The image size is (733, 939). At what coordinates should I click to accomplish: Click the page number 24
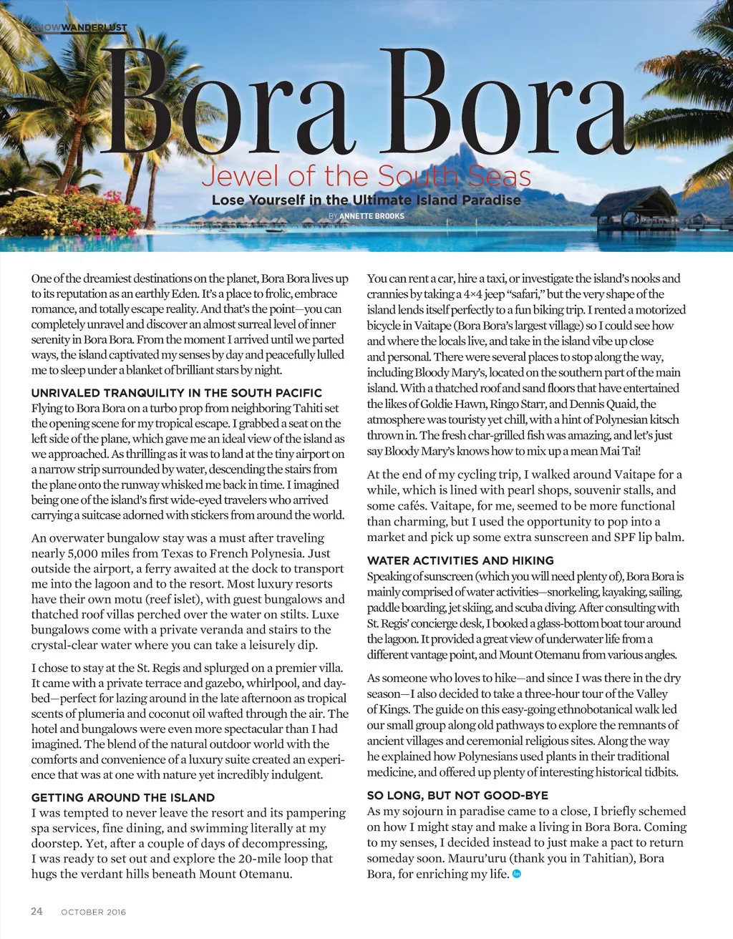click(37, 911)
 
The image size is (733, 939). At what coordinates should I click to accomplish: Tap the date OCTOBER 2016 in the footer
click(93, 912)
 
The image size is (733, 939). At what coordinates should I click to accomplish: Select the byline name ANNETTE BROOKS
click(372, 216)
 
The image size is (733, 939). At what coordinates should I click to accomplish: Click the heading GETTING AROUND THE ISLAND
click(123, 797)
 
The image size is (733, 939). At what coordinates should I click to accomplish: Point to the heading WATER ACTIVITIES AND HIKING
click(460, 560)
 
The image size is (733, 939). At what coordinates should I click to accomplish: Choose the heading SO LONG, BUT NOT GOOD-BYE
click(457, 795)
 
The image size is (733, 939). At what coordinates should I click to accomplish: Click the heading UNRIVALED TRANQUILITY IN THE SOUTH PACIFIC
click(177, 393)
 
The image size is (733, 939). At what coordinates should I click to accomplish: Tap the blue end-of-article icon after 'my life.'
click(517, 874)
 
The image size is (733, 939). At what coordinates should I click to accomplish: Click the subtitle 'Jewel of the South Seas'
click(366, 176)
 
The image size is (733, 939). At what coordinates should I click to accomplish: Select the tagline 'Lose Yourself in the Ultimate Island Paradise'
click(366, 200)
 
